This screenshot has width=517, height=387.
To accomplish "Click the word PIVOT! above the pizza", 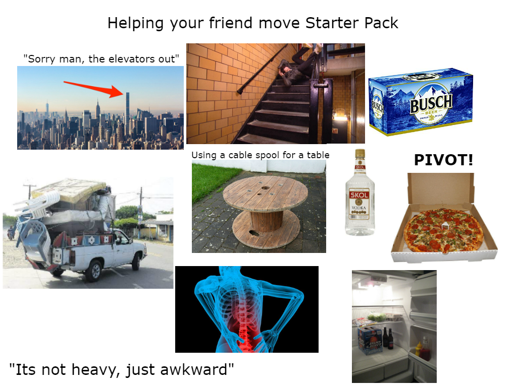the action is [x=443, y=160].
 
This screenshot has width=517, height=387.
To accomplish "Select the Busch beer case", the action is [x=421, y=102].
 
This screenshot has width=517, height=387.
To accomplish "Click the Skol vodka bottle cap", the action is [x=359, y=153].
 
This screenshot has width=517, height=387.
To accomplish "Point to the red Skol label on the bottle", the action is [x=359, y=195].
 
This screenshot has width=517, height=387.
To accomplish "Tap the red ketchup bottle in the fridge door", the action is [x=425, y=350].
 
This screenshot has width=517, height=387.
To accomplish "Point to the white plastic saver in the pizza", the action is [x=445, y=225].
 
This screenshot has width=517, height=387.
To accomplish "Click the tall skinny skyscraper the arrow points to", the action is [x=127, y=113].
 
